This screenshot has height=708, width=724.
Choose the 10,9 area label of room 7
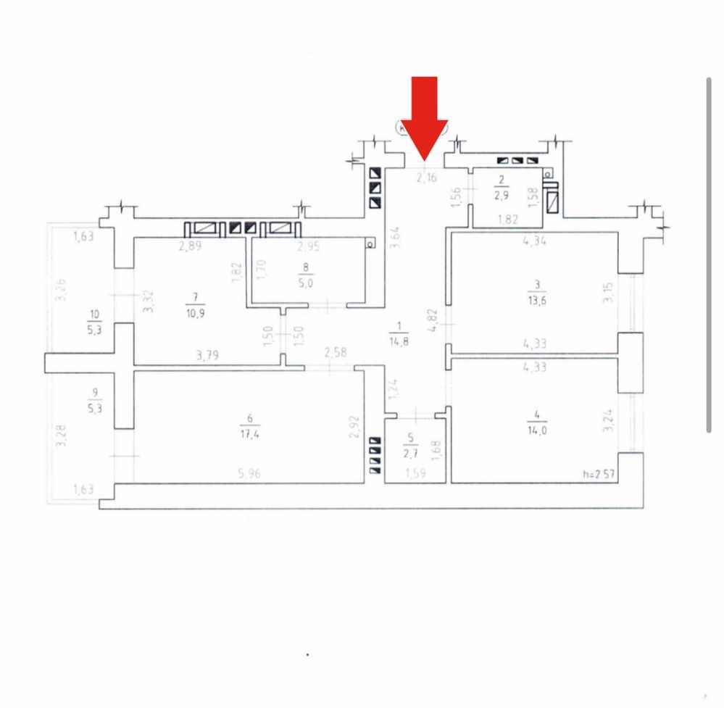[x=194, y=310]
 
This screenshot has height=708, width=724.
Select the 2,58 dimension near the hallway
[x=336, y=354]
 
